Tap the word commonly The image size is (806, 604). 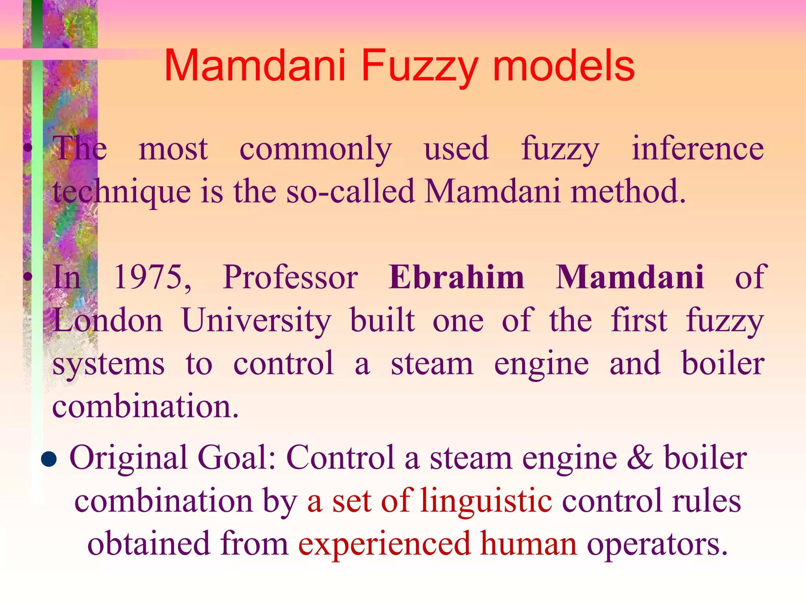316,149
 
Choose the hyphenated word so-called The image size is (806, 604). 350,191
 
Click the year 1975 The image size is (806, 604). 152,277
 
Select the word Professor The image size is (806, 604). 290,277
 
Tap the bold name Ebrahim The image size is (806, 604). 456,277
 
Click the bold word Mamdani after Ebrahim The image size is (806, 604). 629,277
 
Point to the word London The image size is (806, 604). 107,320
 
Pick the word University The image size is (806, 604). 257,321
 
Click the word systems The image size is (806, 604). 109,364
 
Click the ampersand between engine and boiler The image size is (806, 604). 640,458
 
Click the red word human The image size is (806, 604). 529,544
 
